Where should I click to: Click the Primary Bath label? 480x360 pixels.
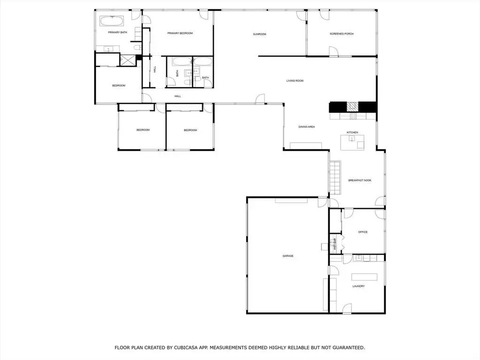(118, 32)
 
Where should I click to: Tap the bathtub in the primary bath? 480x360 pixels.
(112, 21)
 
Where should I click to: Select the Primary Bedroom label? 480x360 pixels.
(180, 33)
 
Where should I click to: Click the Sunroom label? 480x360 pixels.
(259, 34)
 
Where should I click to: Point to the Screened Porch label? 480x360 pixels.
(342, 34)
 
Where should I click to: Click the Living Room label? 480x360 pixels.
(295, 81)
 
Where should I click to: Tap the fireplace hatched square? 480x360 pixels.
(352, 107)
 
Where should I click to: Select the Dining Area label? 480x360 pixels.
(306, 127)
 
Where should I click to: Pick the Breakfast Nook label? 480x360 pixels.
(360, 180)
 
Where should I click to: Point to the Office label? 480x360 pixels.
(363, 232)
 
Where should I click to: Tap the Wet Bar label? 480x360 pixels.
(335, 245)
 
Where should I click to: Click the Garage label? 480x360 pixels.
(288, 256)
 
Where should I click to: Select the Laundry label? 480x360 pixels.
(358, 286)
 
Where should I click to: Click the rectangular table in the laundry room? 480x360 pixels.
(364, 277)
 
